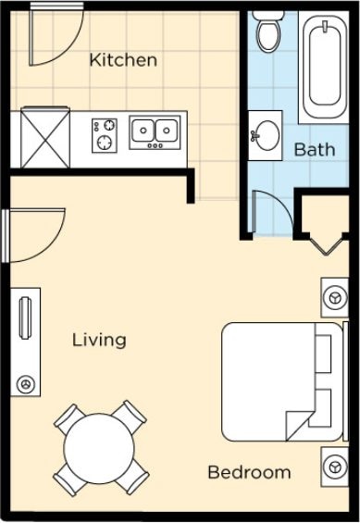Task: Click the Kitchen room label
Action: pyautogui.click(x=123, y=60)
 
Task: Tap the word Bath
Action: pyautogui.click(x=315, y=149)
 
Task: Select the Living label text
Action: pyautogui.click(x=99, y=341)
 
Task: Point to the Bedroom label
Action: pyautogui.click(x=249, y=472)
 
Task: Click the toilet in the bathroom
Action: pyautogui.click(x=268, y=32)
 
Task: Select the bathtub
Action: pyautogui.click(x=324, y=67)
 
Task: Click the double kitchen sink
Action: pyautogui.click(x=155, y=132)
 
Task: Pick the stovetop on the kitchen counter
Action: pyautogui.click(x=105, y=135)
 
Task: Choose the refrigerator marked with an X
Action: pyautogui.click(x=45, y=137)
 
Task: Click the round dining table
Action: pyautogui.click(x=99, y=449)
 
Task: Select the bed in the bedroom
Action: pyautogui.click(x=282, y=381)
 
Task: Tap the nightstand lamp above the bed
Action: pyautogui.click(x=334, y=297)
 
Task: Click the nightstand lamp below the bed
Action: pyautogui.click(x=334, y=467)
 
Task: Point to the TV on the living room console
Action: pyautogui.click(x=25, y=318)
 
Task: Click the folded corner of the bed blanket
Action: pyautogui.click(x=297, y=424)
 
